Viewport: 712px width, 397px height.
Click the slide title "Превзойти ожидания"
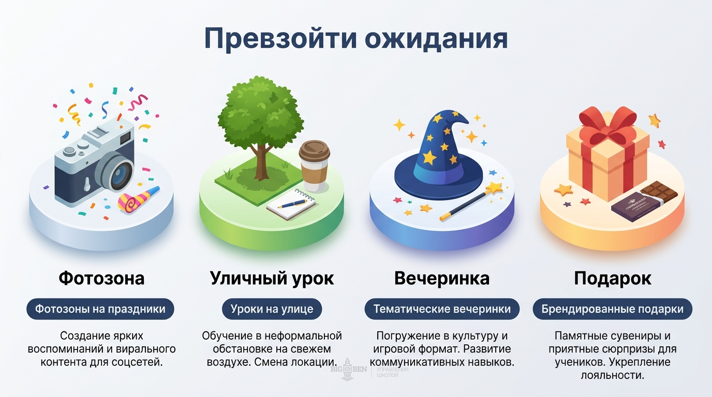(356, 39)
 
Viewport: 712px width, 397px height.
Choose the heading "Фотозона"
(101, 279)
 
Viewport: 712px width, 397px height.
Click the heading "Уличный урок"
(272, 279)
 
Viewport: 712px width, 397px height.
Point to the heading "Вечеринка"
(441, 279)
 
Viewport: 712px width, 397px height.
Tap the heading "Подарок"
(612, 279)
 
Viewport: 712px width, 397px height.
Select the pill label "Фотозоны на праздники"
(100, 309)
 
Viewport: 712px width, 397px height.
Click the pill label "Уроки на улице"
(272, 309)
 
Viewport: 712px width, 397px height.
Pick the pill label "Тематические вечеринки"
(442, 309)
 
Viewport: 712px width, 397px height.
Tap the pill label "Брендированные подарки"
(612, 309)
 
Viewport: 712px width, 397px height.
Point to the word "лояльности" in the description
(613, 375)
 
